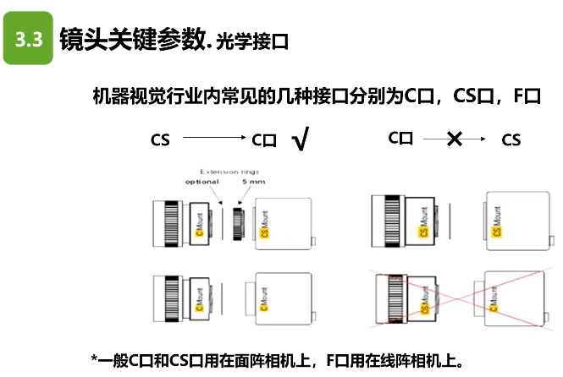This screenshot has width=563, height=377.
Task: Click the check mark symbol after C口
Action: [298, 140]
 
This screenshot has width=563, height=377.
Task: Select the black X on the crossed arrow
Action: [454, 139]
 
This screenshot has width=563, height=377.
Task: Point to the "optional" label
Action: [201, 183]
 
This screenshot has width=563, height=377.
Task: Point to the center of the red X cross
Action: [456, 301]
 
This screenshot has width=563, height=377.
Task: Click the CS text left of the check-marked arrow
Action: [160, 139]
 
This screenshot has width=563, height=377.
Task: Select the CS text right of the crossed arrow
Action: [511, 139]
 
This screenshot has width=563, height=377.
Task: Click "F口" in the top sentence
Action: [526, 96]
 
